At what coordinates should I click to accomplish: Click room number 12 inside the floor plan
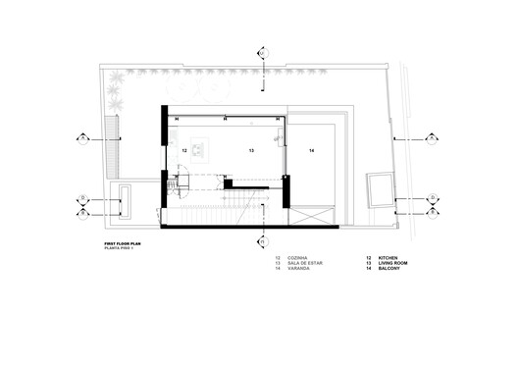point(183,151)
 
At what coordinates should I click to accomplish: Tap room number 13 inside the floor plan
point(251,151)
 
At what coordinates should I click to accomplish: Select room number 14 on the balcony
point(310,151)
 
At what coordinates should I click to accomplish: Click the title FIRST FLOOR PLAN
point(123,245)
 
